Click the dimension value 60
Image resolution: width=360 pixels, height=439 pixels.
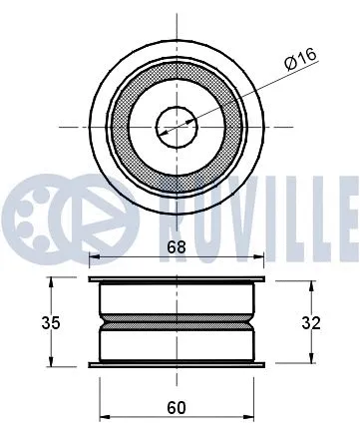[x=176, y=407]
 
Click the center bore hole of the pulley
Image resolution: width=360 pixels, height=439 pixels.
[x=176, y=125]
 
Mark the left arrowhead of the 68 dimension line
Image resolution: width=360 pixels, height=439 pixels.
[x=94, y=258]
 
